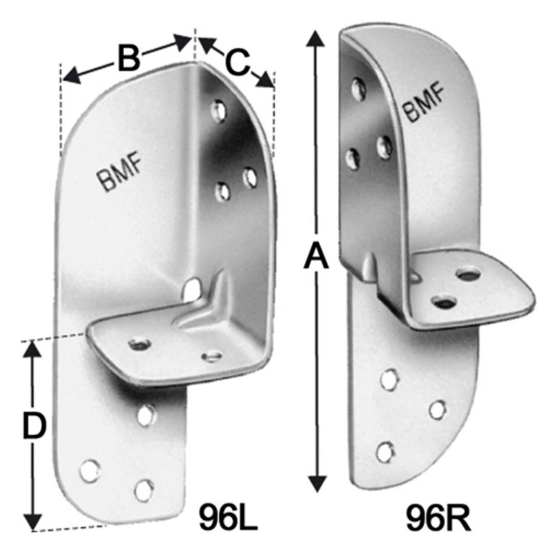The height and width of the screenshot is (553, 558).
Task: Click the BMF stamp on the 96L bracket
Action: click(119, 174)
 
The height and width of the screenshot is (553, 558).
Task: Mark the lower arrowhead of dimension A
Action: click(317, 484)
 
